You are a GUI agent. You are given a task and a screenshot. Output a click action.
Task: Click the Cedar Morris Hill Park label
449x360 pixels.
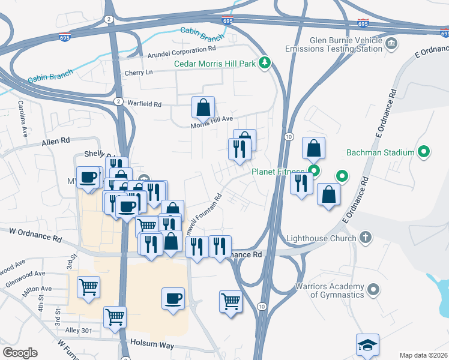214,64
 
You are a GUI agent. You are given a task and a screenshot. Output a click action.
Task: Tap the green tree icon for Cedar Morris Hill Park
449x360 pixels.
264,63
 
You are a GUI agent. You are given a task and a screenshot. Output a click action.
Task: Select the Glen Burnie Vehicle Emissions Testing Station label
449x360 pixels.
345,45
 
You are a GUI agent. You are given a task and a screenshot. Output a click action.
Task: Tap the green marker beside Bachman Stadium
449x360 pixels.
423,152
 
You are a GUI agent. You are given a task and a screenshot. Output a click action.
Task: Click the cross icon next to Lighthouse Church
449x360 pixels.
365,238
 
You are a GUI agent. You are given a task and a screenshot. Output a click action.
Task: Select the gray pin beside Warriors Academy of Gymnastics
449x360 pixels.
373,290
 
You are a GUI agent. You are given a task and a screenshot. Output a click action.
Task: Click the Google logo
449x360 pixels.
20,353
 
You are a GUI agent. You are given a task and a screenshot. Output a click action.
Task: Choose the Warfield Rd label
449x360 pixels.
145,104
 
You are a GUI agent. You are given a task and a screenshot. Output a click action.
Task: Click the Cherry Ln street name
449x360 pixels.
139,73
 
